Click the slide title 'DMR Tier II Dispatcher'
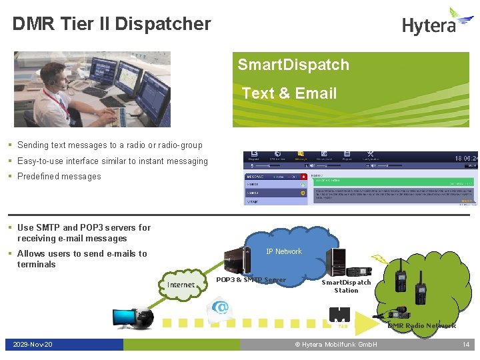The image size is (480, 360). (112, 24)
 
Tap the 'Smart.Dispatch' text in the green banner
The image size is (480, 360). (293, 65)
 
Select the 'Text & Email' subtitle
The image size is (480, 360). (289, 93)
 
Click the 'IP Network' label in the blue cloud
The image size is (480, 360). (284, 251)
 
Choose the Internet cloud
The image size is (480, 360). (181, 285)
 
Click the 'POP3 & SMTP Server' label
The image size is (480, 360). (251, 280)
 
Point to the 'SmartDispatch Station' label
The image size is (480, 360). (346, 286)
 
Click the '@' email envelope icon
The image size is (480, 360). (219, 309)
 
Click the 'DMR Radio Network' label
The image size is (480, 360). (422, 325)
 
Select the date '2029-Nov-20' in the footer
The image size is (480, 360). (33, 345)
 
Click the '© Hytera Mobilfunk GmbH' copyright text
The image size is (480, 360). (336, 345)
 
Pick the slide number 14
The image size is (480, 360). (466, 345)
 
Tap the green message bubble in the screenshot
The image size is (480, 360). (393, 181)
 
